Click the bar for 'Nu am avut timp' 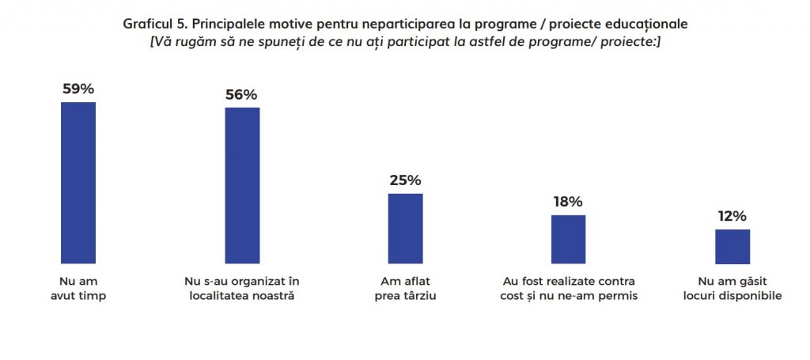click(x=78, y=183)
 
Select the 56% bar click(x=242, y=185)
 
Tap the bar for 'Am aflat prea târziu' click(x=405, y=229)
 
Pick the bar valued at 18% click(x=568, y=239)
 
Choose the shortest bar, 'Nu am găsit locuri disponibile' click(x=732, y=246)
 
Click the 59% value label click(x=78, y=89)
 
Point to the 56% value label click(x=242, y=94)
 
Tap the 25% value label click(x=405, y=180)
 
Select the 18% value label click(x=568, y=202)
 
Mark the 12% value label click(x=732, y=216)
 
